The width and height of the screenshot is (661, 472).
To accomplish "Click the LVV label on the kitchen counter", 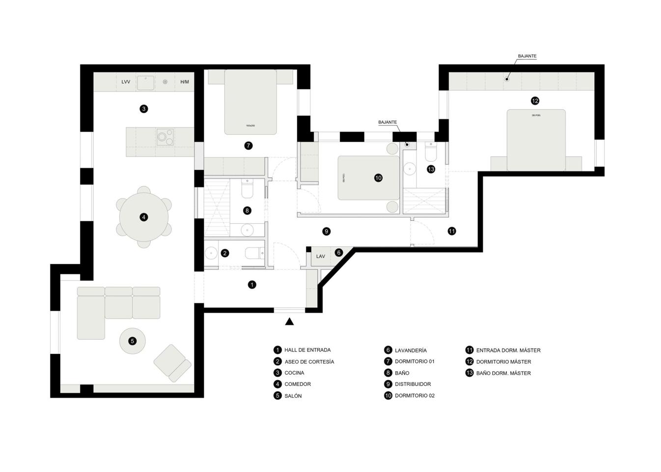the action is pos(126,82).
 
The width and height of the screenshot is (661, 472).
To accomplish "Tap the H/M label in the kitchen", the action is pos(185,82).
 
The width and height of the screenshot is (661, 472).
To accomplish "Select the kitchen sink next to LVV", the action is pos(145,83).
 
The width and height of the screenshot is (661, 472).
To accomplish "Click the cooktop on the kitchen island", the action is pos(165,137).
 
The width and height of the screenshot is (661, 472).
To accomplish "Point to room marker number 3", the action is pos(144,109).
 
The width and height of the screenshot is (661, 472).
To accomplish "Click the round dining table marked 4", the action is pos(144,217).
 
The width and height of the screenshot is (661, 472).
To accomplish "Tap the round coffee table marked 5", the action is pos(132,341).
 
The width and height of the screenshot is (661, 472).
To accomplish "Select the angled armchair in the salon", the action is pos(172,363).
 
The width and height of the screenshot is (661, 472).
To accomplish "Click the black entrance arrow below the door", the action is pos(290,322).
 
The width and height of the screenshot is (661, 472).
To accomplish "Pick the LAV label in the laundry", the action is pos(321,256).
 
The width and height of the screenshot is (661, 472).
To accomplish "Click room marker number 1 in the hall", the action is pos(252,285).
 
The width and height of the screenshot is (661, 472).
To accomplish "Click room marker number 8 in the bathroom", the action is pos(247,210).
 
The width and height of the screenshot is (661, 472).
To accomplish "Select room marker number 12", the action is pos(535,101).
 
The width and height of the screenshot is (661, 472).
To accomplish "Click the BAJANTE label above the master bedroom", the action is pos(527,56).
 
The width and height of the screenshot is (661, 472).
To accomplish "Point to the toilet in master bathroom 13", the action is pos(431,152).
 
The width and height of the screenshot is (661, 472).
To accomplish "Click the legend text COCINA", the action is pos(294,373).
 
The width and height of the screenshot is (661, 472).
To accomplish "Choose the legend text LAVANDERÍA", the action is pos(411,351).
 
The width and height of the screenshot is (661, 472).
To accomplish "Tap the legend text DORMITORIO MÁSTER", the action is pos(503,362).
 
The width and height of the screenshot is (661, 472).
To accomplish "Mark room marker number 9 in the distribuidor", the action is pos(326,231).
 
